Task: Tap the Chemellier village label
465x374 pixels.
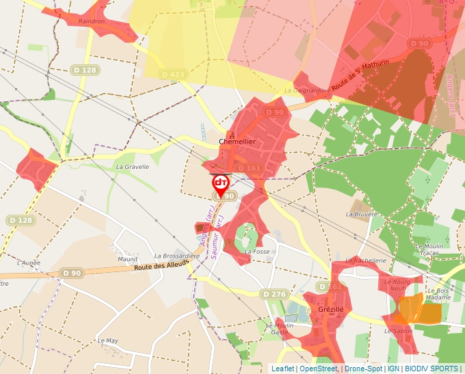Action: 237,141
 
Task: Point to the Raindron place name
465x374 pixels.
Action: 92,21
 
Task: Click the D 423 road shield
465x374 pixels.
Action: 173,74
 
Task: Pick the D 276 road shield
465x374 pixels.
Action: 274,294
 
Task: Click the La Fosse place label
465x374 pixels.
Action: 257,252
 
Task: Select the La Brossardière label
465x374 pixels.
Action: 176,256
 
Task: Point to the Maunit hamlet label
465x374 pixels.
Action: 128,259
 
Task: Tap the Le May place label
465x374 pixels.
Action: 108,340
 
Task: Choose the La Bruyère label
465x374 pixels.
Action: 362,214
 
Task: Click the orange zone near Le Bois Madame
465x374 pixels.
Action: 420,310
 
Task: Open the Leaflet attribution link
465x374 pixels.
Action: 283,369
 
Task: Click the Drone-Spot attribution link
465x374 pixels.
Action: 363,369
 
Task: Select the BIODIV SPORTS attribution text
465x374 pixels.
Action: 431,369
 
